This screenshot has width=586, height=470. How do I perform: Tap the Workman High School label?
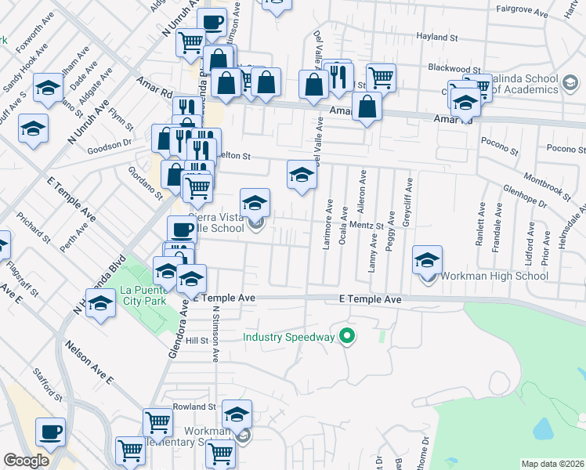[494, 276]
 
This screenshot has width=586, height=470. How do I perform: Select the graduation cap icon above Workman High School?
[427, 261]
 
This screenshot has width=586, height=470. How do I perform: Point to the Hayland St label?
[437, 37]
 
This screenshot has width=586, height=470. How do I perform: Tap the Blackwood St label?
[454, 68]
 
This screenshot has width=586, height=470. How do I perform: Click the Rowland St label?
[195, 407]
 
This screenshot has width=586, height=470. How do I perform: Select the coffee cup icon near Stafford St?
[51, 432]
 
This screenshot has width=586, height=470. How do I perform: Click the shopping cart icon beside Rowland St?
[158, 423]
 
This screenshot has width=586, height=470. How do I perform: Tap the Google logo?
[26, 461]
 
